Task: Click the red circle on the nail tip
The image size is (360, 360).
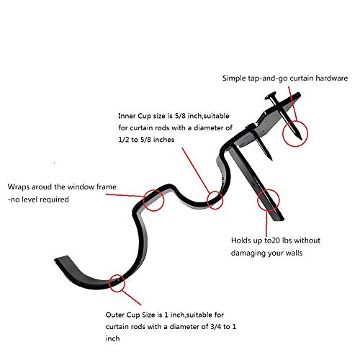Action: click(282, 133)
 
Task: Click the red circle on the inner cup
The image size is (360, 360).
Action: click(207, 200)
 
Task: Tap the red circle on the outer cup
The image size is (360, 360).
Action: click(109, 283)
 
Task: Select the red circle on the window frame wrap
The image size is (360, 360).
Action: click(143, 200)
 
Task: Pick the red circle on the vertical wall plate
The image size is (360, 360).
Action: click(258, 200)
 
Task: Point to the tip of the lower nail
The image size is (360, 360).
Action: click(271, 160)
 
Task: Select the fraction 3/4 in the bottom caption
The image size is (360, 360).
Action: click(215, 326)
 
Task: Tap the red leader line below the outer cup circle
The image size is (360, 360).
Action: click(131, 297)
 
